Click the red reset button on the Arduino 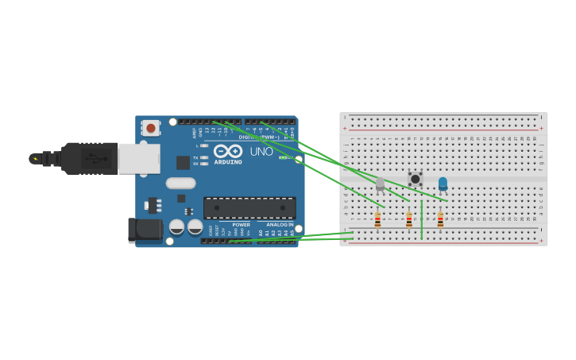pyautogui.click(x=150, y=127)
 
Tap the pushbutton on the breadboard pyautogui.click(x=415, y=179)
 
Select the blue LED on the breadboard pyautogui.click(x=443, y=184)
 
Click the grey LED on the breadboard pyautogui.click(x=380, y=184)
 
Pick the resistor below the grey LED pyautogui.click(x=377, y=219)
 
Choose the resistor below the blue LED pyautogui.click(x=440, y=219)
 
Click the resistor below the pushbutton pyautogui.click(x=409, y=219)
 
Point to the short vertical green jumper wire pyautogui.click(x=421, y=219)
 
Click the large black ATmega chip pyautogui.click(x=249, y=208)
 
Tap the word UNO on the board pyautogui.click(x=261, y=152)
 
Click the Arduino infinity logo pyautogui.click(x=227, y=151)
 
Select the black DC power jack pyautogui.click(x=145, y=230)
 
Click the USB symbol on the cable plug pyautogui.click(x=94, y=158)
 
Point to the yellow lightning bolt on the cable pyautogui.click(x=34, y=159)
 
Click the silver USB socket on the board pyautogui.click(x=139, y=158)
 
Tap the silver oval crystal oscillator pyautogui.click(x=181, y=183)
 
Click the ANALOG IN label pyautogui.click(x=279, y=225)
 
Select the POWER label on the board pyautogui.click(x=242, y=225)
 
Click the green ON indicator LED pyautogui.click(x=283, y=157)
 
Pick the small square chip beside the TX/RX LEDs pyautogui.click(x=183, y=162)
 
